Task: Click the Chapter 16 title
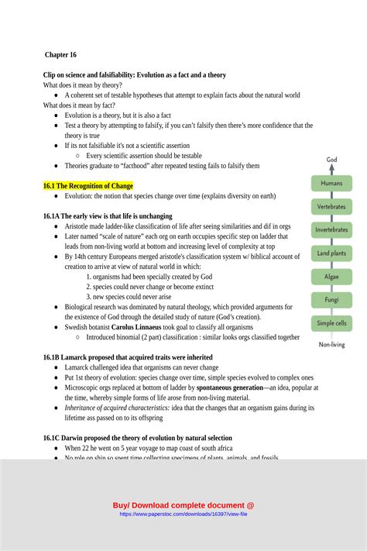coord(60,55)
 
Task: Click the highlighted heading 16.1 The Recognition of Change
coord(88,186)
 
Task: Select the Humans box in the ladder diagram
coord(331,184)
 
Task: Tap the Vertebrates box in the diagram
coord(331,207)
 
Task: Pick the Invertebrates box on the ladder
coord(331,230)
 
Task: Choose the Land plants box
coord(331,253)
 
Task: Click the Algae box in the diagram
coord(331,277)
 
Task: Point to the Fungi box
coord(331,300)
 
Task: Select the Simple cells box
coord(331,323)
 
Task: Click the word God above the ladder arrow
coord(331,160)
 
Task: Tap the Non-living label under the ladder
coord(331,345)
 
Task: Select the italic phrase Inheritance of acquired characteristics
coord(117,408)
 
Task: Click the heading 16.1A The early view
coord(108,216)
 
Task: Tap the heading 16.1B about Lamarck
coord(128,357)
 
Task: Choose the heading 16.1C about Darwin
coord(137,438)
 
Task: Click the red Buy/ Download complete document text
coord(183,505)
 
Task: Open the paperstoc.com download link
coord(183,514)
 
